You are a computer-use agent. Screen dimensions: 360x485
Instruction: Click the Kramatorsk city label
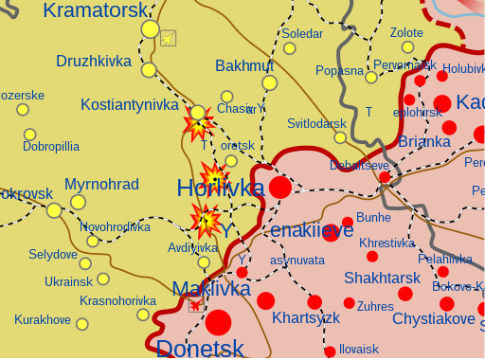[x=96, y=10]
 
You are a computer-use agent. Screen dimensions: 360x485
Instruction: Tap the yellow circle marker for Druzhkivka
[x=149, y=69]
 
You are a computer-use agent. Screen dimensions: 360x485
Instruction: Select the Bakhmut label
[x=243, y=65]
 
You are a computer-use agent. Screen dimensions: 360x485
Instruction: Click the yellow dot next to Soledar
[x=290, y=48]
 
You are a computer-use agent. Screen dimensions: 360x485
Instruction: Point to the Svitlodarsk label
[x=316, y=123]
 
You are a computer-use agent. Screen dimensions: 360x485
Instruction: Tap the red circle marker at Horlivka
[x=280, y=187]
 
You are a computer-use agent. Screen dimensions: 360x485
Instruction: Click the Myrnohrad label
[x=101, y=184]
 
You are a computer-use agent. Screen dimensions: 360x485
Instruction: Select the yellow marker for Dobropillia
[x=30, y=135]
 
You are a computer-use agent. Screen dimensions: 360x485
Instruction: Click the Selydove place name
[x=53, y=254]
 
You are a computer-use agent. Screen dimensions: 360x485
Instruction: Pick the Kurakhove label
[x=43, y=319]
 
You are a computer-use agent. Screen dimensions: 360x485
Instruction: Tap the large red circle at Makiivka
[x=219, y=322]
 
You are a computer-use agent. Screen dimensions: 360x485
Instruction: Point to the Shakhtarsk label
[x=382, y=278]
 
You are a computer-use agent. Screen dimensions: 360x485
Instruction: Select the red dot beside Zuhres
[x=350, y=303]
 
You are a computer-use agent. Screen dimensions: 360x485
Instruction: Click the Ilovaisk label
[x=358, y=349]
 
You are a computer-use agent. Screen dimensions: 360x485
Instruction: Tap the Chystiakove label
[x=433, y=318]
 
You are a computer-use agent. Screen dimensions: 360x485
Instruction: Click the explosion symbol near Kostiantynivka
[x=197, y=124]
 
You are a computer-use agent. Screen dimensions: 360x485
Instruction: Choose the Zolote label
[x=406, y=33]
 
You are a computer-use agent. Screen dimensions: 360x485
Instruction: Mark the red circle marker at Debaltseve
[x=385, y=177]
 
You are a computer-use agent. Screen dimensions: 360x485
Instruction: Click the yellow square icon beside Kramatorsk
[x=168, y=38]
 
